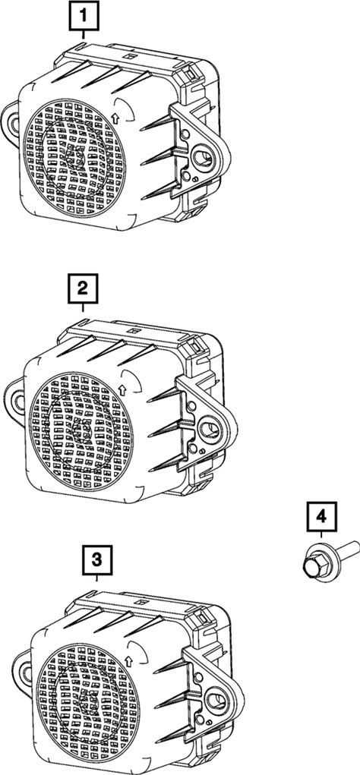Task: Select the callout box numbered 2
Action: (x=82, y=288)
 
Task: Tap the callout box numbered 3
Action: (x=97, y=560)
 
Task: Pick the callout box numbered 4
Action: (x=321, y=517)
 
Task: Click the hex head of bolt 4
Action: (x=311, y=568)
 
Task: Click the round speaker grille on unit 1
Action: (x=74, y=157)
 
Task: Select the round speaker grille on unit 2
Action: (x=81, y=430)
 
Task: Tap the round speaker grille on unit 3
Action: (x=88, y=701)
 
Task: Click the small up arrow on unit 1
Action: (x=115, y=118)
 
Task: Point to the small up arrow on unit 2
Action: (x=122, y=390)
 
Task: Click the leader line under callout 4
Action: (x=321, y=535)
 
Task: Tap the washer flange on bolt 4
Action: (x=321, y=561)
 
